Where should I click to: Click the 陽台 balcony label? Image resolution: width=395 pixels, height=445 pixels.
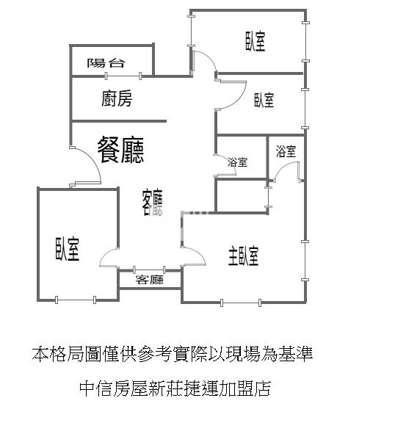pos(106,63)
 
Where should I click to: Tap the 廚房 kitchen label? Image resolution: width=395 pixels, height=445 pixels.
pos(117,98)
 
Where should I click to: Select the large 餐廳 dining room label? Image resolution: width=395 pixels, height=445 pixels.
pos(120,150)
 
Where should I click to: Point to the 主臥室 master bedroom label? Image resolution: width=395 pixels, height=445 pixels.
pos(244,256)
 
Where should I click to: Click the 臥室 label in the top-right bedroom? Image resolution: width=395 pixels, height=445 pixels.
pos(256,42)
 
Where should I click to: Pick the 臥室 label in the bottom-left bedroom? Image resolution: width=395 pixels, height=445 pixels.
pos(68,249)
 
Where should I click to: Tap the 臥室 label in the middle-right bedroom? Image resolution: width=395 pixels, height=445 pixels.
pos(264,100)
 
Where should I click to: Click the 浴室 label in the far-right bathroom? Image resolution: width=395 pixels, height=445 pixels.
pos(286,151)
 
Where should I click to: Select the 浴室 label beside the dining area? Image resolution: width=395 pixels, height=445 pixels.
pos(237,162)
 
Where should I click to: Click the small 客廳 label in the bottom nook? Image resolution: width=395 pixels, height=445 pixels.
pos(150,280)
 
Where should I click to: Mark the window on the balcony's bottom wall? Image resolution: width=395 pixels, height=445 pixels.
pos(123,76)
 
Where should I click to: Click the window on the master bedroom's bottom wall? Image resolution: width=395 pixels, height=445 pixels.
pos(241,303)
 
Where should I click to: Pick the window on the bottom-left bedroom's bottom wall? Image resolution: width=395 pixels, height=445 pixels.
pos(76,300)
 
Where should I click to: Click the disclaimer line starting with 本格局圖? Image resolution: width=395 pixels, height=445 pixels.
pos(173,354)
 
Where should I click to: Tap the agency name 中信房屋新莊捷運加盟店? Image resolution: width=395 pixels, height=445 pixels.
pos(175,388)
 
